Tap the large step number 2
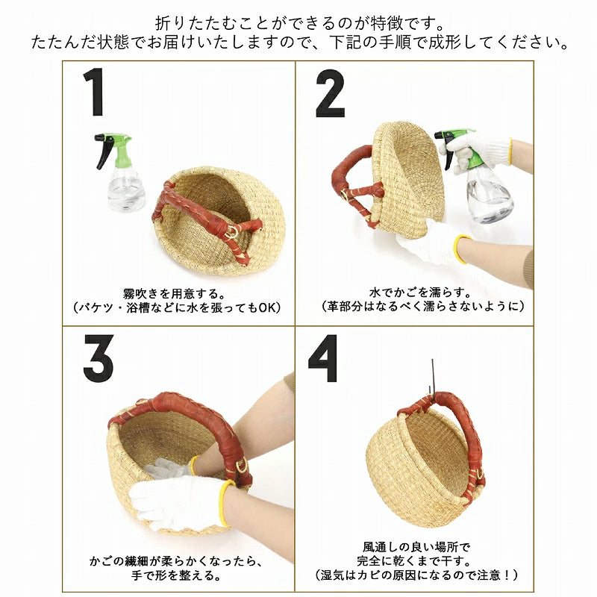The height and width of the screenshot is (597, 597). point(330,93)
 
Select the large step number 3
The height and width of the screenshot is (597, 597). point(99,358)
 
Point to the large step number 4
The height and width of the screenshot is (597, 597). point(323,358)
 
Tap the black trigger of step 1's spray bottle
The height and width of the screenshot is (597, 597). point(104,151)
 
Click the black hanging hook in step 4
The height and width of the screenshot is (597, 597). point(432,378)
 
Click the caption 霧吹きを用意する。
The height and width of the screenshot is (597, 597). point(175,294)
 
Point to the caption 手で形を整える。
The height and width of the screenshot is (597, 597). point(176,575)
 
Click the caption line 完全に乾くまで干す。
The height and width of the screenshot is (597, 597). point(414,561)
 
